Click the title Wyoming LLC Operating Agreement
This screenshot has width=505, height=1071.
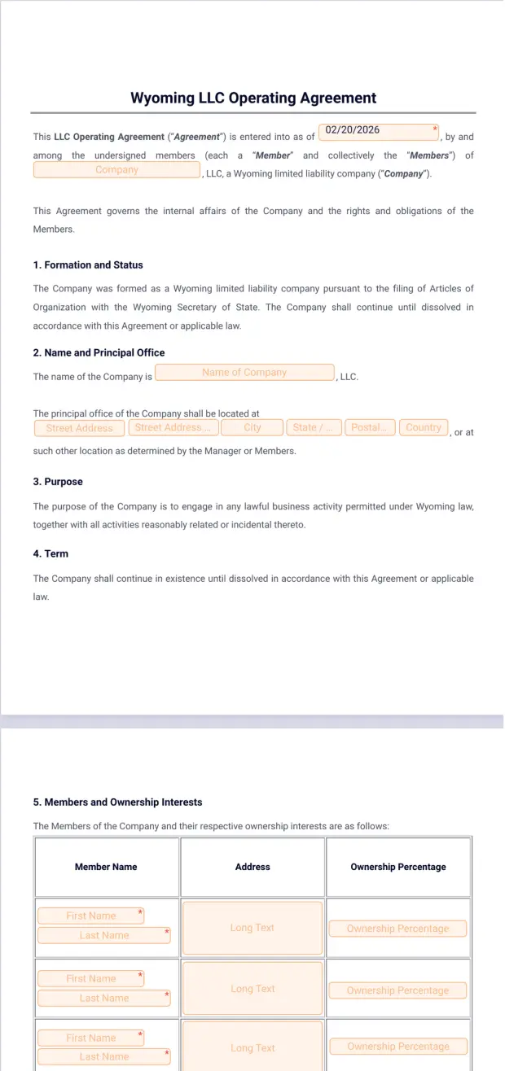coord(253,98)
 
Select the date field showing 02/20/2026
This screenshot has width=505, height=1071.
coord(378,131)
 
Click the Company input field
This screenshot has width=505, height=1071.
coord(116,170)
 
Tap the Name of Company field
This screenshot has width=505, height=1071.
coord(244,373)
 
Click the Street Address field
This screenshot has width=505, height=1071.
coord(79,428)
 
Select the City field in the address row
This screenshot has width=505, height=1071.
coord(252,428)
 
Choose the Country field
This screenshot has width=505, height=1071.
coord(423,428)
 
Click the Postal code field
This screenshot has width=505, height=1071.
coord(370,428)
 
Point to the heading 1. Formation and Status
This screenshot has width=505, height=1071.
coord(88,265)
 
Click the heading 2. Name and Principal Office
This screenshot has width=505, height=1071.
coord(99,353)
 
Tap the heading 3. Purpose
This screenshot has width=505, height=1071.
coord(58,482)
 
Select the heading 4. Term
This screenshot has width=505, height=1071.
coord(50,553)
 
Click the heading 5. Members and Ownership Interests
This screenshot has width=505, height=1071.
coord(117,802)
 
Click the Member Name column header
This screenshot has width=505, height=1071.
coord(106,868)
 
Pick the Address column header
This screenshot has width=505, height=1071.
coord(253,868)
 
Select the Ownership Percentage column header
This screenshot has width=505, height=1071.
coord(398,868)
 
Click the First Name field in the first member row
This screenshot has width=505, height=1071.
coord(90,916)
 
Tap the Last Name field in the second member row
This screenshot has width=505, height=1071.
coord(103,999)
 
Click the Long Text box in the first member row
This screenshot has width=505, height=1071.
coord(253,928)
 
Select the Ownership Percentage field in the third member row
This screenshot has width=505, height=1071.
coord(397,1047)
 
